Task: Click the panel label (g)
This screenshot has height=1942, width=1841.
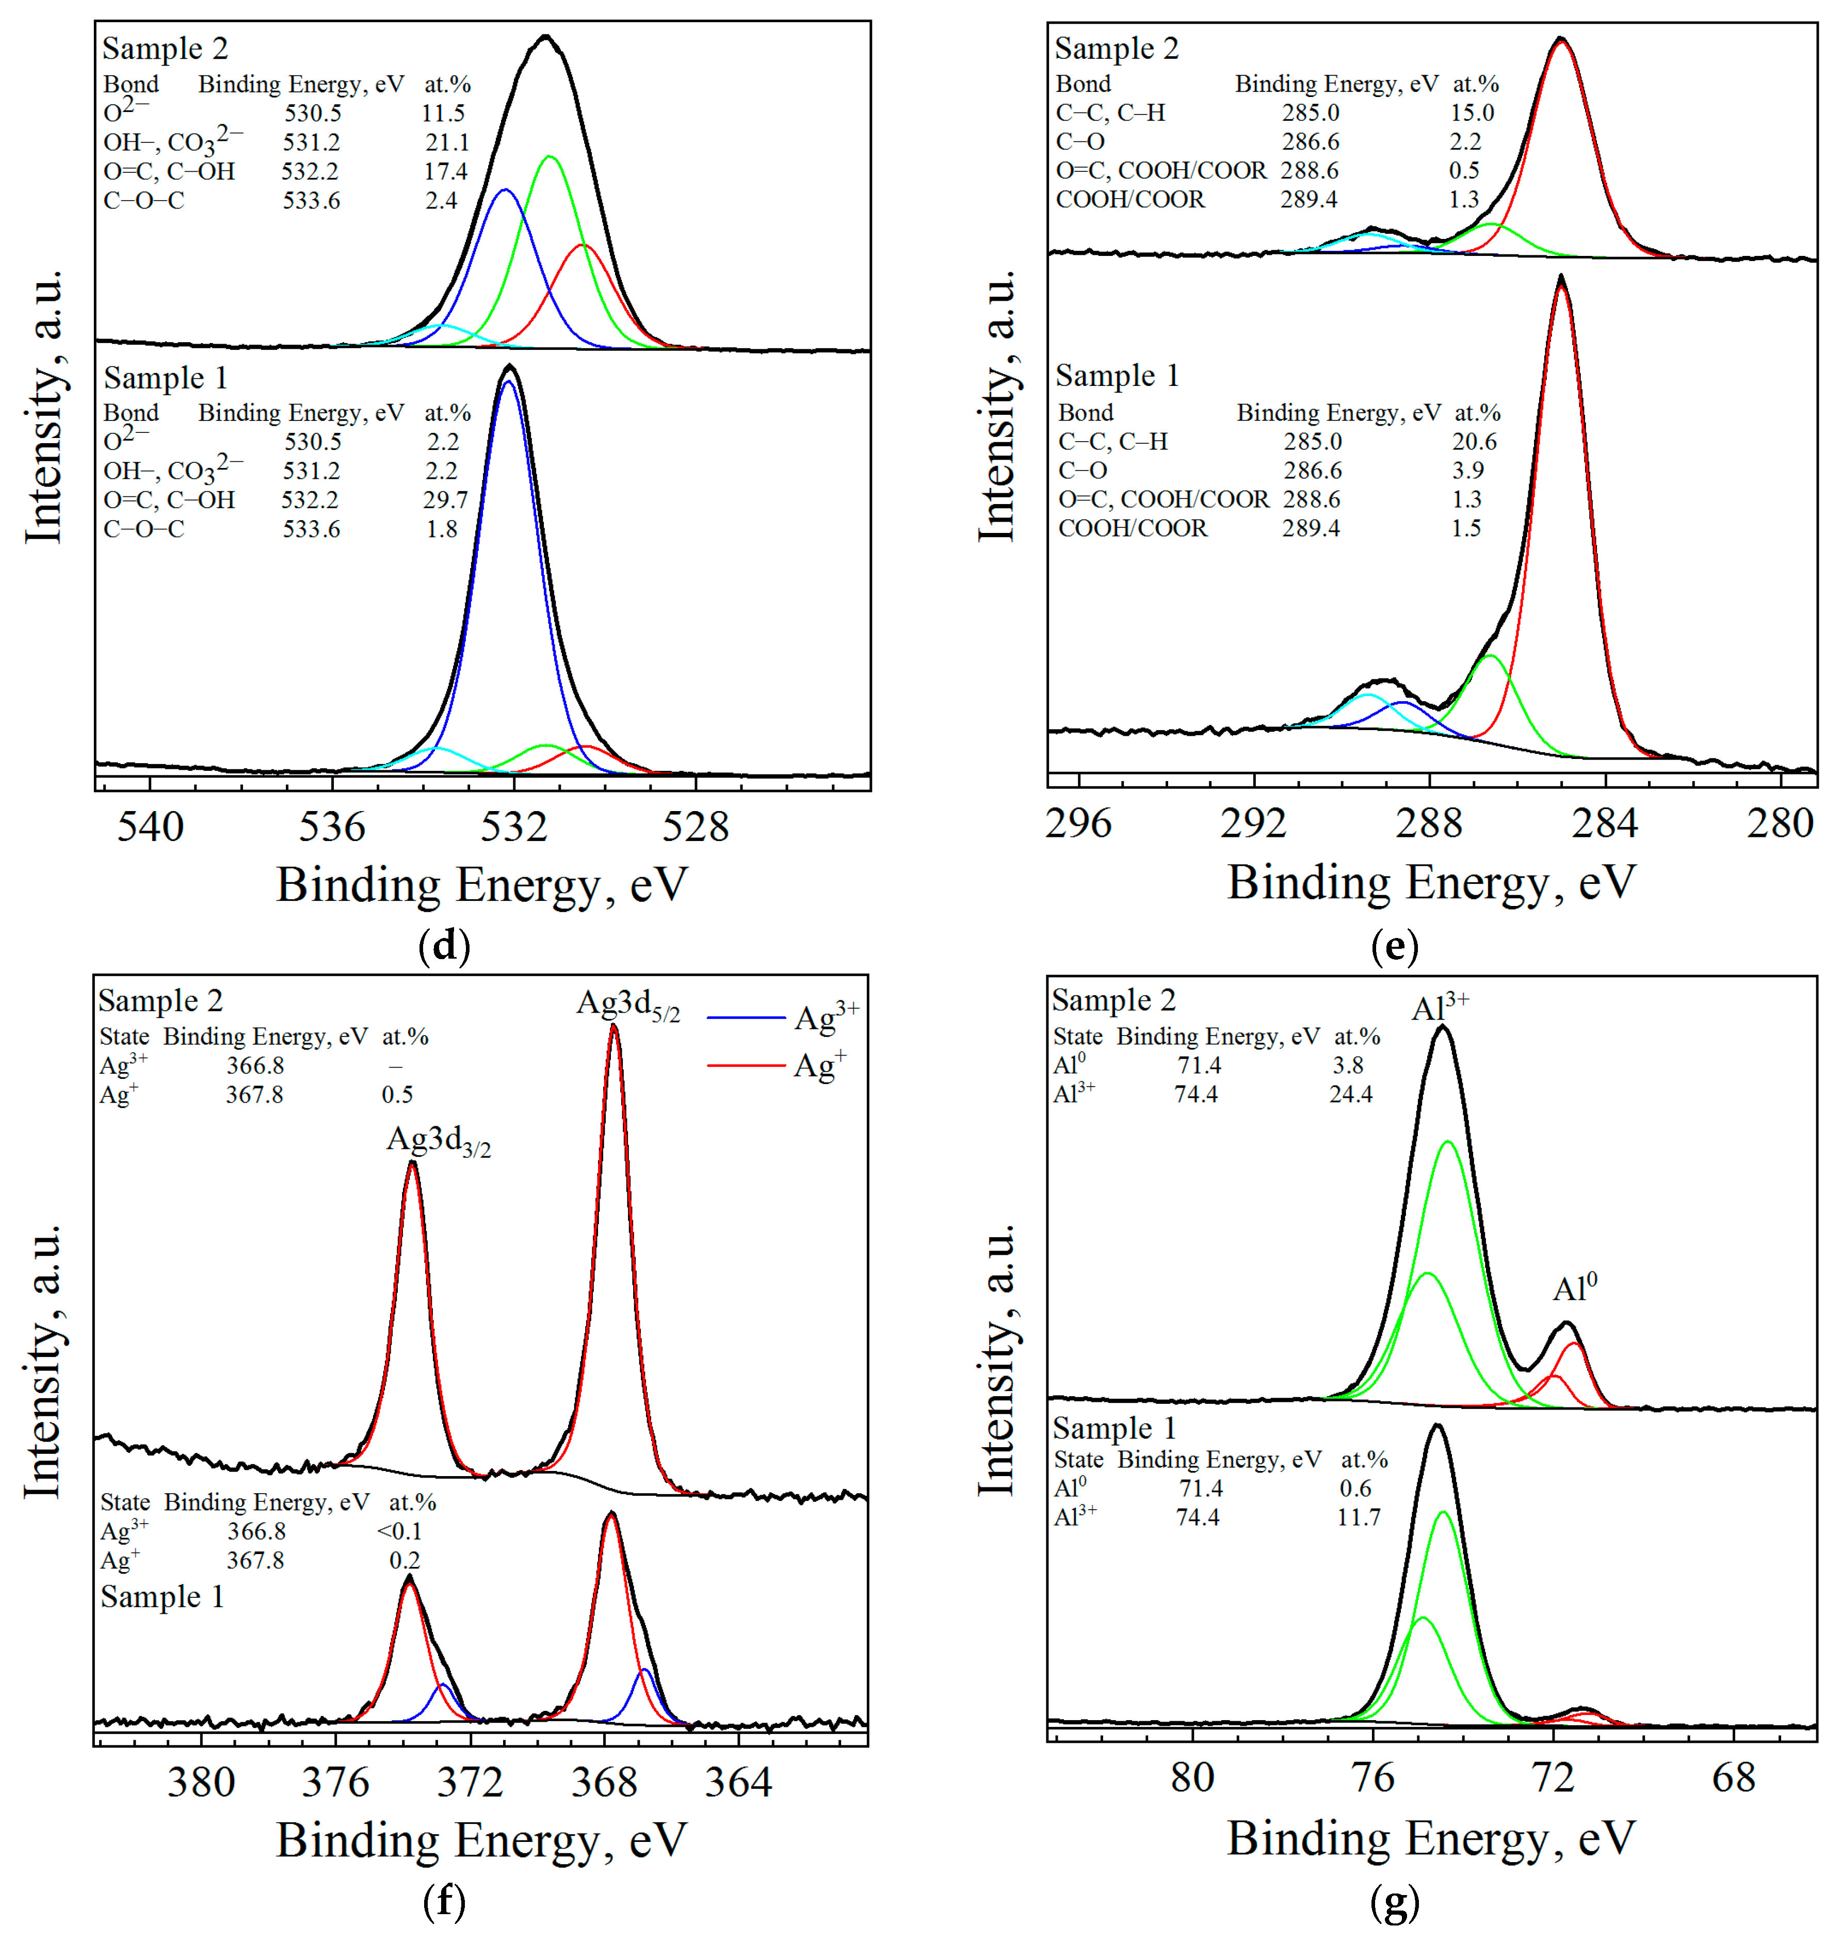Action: point(1395,1902)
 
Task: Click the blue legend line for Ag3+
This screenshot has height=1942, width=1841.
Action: point(746,1017)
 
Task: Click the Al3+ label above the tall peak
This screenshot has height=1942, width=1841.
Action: point(1440,1007)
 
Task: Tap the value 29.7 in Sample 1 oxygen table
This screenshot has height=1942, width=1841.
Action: point(445,499)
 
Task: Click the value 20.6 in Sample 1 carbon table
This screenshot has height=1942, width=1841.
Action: point(1474,442)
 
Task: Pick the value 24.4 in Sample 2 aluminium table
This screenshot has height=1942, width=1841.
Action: point(1350,1094)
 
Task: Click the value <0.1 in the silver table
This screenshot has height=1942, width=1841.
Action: point(398,1531)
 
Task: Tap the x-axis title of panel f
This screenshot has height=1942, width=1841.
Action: point(481,1840)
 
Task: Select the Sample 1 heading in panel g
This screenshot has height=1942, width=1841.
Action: point(1113,1428)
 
